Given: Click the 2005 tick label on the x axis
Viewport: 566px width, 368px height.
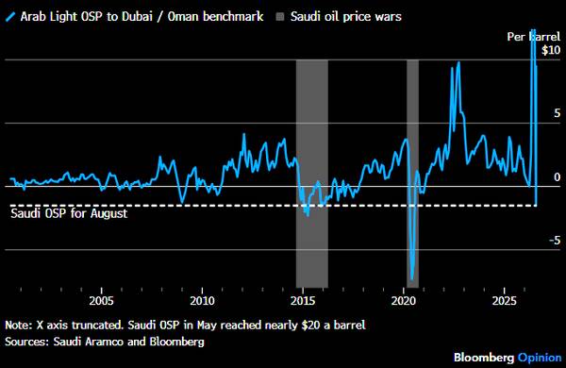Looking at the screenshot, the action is coord(102,301).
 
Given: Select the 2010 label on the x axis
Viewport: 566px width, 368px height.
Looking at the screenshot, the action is coord(202,301).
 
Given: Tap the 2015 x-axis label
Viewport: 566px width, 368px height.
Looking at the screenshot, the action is coord(303,301).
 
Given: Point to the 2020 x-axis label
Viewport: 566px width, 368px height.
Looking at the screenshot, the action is coord(404,301).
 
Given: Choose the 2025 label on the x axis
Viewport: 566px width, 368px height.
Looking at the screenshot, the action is coord(505,301).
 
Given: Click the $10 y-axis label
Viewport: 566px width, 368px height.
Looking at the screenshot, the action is coord(551,50).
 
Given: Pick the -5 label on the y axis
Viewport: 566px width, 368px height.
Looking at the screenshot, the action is coord(555,241).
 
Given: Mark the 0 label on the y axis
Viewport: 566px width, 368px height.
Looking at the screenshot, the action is coord(558,177).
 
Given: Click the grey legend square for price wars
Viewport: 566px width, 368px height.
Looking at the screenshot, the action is coord(280,17).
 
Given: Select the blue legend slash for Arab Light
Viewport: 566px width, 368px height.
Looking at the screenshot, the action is coord(10,17).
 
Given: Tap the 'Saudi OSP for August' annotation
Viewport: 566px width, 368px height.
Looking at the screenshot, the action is coord(69,213).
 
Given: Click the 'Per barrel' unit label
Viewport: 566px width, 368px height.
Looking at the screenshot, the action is coord(534,37).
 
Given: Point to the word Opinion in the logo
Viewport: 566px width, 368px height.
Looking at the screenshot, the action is coord(540,358).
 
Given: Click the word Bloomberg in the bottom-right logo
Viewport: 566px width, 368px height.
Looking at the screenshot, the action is coord(484,358).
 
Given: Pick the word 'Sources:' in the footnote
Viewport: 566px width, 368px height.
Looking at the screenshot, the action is coord(27,342).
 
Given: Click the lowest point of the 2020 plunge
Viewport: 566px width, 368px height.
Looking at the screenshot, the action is coord(412,279).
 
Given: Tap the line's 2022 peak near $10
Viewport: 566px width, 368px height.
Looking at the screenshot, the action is coord(458,62).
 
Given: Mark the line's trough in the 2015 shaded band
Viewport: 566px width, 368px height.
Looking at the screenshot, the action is coord(308,216).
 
